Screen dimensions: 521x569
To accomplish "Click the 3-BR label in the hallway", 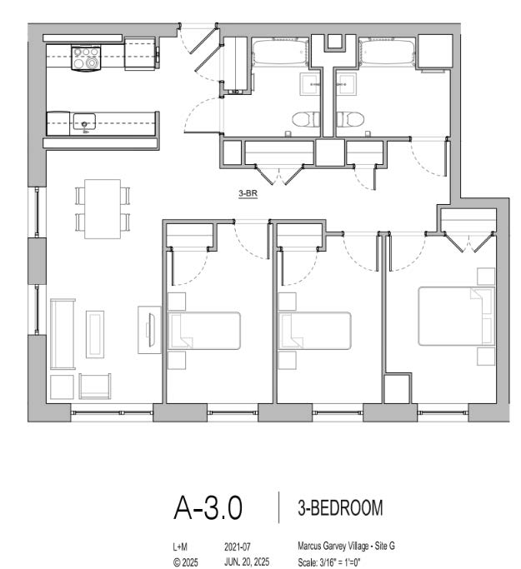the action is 248,193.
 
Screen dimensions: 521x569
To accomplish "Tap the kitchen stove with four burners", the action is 86,57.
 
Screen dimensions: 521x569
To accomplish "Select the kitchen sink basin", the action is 84,122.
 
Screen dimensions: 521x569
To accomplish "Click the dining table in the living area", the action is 103,209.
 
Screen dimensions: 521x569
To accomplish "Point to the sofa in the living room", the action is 63,334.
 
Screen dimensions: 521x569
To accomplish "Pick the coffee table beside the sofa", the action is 95,334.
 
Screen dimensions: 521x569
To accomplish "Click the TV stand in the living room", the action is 149,330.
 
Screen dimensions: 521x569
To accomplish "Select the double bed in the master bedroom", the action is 456,316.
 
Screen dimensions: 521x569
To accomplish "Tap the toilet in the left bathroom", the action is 306,119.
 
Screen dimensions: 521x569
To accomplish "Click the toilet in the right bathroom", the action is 350,119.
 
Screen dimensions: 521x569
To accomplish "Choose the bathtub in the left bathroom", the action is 280,53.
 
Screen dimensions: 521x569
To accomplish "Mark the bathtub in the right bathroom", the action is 387,53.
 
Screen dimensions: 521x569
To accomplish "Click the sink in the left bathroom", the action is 310,84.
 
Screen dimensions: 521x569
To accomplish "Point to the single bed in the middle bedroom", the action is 314,331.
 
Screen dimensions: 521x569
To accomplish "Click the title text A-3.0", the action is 208,507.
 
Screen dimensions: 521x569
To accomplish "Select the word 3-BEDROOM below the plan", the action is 340,507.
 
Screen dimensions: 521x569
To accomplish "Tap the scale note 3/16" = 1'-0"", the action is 339,562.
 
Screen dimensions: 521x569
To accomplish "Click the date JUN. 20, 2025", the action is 247,562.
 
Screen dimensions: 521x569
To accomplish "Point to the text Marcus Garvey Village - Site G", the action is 347,546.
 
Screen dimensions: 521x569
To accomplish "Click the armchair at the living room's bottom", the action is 95,386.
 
